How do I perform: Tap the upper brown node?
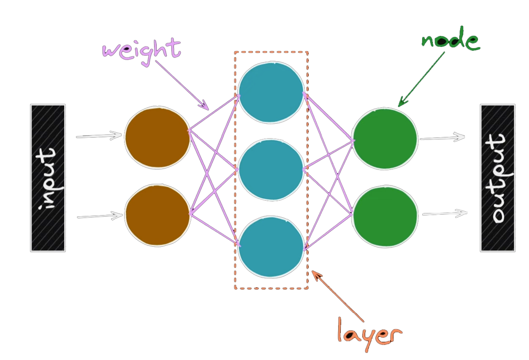[x=157, y=138]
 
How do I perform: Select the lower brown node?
[x=157, y=215]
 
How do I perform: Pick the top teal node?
[x=271, y=93]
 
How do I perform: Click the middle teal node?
[x=271, y=169]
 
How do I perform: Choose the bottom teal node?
[x=271, y=246]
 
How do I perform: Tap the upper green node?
[x=385, y=138]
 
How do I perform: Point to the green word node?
[x=451, y=41]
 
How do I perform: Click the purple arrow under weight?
[x=182, y=84]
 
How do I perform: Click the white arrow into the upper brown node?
[x=99, y=136]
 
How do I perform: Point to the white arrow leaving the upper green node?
[x=442, y=138]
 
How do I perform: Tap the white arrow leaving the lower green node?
[x=445, y=214]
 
